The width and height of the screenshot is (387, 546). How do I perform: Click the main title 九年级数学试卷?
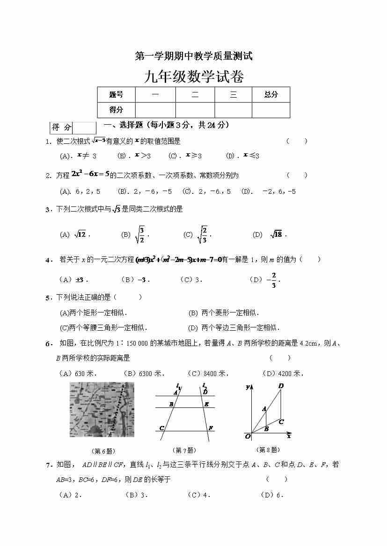[194, 76]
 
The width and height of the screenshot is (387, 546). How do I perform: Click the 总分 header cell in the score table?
[270, 95]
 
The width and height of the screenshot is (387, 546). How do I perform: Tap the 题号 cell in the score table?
[116, 95]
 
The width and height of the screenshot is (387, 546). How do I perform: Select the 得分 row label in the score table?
[116, 110]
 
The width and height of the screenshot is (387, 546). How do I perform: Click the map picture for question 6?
[102, 409]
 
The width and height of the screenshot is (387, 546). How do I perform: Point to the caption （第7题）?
[184, 450]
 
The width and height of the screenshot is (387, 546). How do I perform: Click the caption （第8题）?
[269, 450]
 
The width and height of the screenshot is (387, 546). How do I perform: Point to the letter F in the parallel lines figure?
[211, 428]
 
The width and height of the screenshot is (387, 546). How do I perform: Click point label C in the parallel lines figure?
[162, 428]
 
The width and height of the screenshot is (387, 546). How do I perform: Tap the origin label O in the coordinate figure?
[248, 436]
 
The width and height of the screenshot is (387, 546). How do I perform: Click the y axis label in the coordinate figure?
[248, 387]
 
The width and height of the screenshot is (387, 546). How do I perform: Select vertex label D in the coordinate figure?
[281, 386]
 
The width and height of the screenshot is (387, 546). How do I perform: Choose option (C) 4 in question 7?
[199, 495]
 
